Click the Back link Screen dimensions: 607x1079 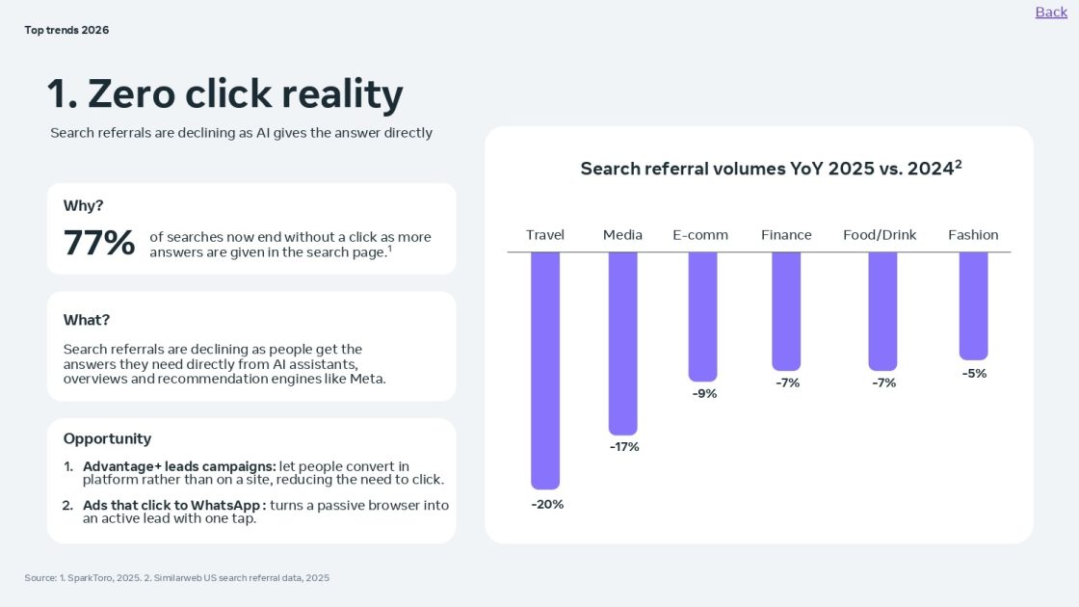(1051, 12)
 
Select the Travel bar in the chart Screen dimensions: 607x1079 (545, 370)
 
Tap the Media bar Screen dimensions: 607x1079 (622, 343)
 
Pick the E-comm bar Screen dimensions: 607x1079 (702, 316)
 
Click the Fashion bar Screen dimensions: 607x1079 (973, 305)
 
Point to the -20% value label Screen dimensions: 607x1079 (547, 504)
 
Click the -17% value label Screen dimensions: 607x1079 (624, 447)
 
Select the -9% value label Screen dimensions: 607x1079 (704, 393)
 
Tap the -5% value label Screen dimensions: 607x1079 (974, 374)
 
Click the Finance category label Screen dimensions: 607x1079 (786, 235)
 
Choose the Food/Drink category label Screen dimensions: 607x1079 (880, 235)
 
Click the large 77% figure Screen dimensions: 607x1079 (99, 243)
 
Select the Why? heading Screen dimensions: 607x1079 (83, 205)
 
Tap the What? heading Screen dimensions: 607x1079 (87, 320)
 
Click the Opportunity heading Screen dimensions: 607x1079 (107, 438)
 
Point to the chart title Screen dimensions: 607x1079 (771, 169)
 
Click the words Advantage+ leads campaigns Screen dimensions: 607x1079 (179, 467)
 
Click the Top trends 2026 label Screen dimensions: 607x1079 (66, 30)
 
